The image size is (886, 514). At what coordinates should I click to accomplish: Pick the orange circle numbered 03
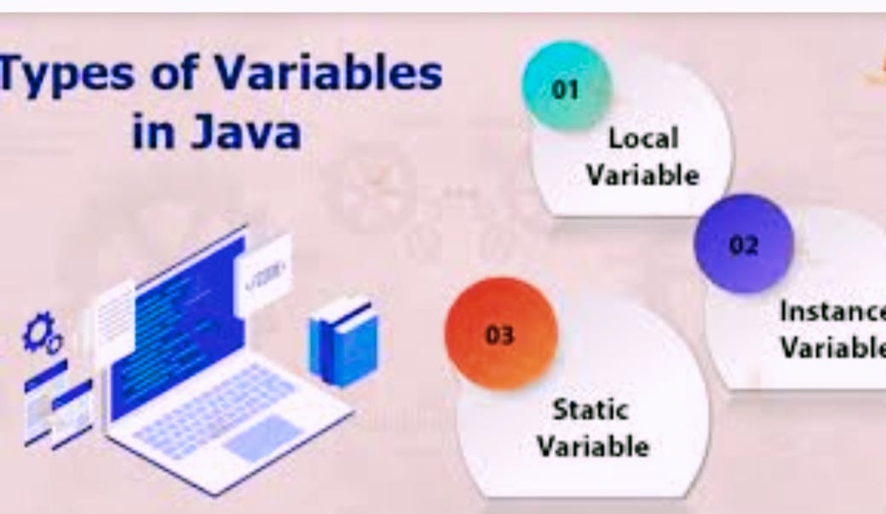click(x=501, y=334)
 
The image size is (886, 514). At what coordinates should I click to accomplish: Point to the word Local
click(x=643, y=138)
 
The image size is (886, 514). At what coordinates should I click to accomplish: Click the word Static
click(x=590, y=410)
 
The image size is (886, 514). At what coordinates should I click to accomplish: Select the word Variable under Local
click(x=643, y=175)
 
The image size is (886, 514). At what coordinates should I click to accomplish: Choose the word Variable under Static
click(x=593, y=446)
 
